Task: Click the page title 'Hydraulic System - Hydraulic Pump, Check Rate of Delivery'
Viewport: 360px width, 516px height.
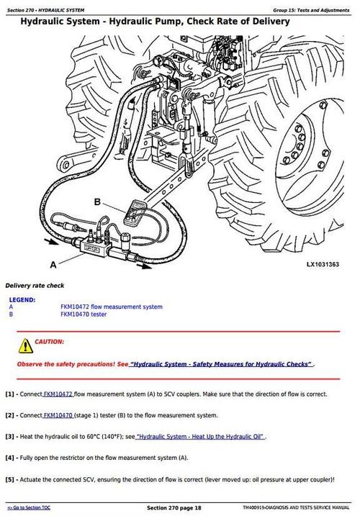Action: (x=155, y=22)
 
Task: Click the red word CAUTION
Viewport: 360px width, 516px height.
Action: (x=49, y=341)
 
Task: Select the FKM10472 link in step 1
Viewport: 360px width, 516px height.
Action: (x=58, y=394)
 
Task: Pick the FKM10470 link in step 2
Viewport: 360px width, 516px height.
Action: (x=58, y=415)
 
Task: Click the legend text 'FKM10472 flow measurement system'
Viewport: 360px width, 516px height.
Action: (x=111, y=307)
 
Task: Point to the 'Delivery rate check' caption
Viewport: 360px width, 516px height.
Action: (x=35, y=285)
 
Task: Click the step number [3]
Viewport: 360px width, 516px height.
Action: (x=10, y=436)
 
